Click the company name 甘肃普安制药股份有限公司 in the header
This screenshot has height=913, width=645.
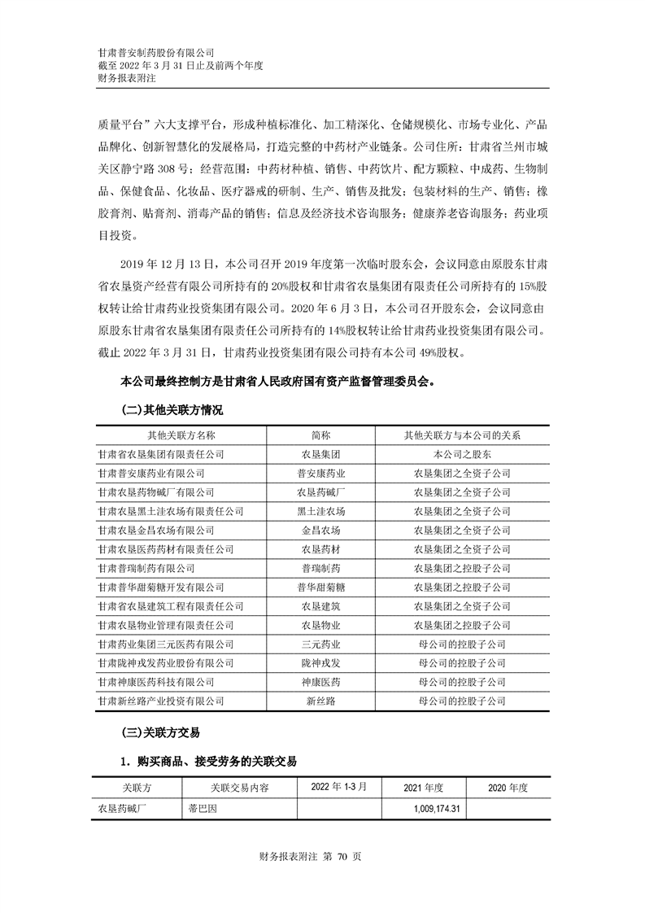click(x=155, y=52)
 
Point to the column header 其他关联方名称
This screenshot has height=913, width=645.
click(x=181, y=435)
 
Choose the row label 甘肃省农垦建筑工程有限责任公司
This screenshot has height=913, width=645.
click(x=170, y=606)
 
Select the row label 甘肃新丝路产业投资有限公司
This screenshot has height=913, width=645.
click(x=160, y=701)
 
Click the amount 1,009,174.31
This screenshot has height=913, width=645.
click(x=427, y=809)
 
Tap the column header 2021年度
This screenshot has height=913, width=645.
click(x=423, y=788)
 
